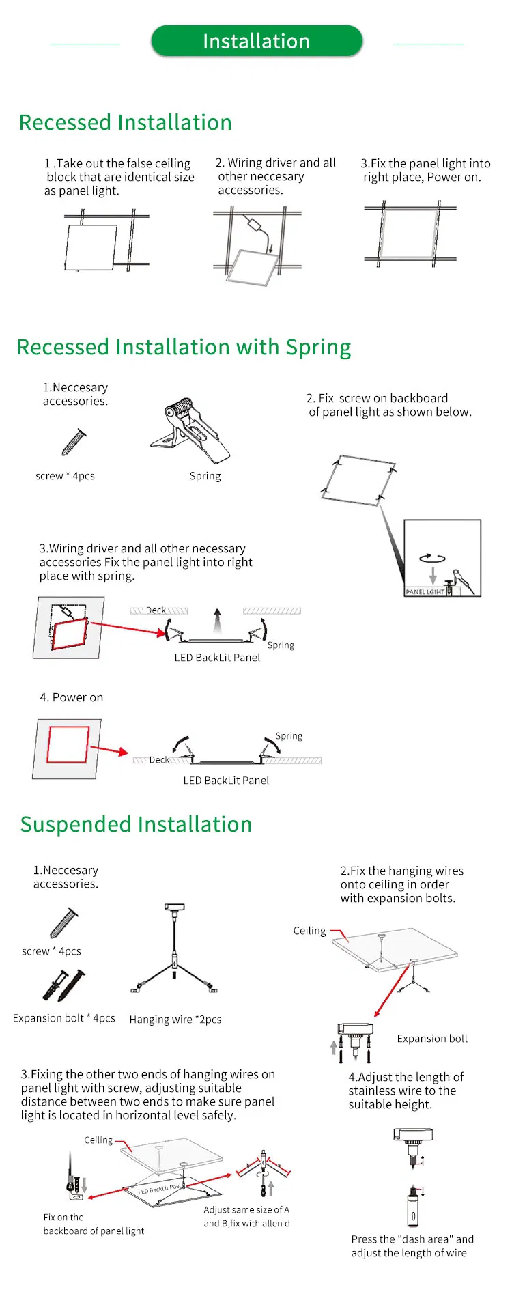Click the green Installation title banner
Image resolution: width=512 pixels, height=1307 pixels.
[x=256, y=42]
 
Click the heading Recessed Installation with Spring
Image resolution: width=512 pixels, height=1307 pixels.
[x=184, y=347]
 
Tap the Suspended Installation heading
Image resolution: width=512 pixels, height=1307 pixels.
[x=136, y=824]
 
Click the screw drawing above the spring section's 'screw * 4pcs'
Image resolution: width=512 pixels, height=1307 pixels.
[x=74, y=442]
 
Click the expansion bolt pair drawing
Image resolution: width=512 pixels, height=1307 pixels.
[x=64, y=985]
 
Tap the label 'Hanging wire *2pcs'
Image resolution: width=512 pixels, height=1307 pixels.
[x=175, y=1020]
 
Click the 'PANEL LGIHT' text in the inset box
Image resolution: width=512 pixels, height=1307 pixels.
[x=425, y=592]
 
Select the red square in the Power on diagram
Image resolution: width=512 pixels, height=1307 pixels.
[x=68, y=744]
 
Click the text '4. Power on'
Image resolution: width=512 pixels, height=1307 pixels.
[x=72, y=697]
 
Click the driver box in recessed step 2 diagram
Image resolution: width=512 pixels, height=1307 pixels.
[x=255, y=225]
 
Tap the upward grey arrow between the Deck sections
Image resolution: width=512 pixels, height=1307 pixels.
[x=217, y=621]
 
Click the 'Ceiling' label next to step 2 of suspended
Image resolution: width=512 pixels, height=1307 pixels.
[x=309, y=931]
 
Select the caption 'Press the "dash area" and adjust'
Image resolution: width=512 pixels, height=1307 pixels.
[x=412, y=1246]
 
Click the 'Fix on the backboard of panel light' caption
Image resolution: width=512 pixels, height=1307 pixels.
[x=94, y=1224]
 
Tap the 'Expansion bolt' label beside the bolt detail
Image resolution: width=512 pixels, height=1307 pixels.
[x=432, y=1039]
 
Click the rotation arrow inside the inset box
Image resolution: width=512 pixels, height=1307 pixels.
[x=432, y=558]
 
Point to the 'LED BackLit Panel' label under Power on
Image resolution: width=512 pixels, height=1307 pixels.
[x=226, y=781]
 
